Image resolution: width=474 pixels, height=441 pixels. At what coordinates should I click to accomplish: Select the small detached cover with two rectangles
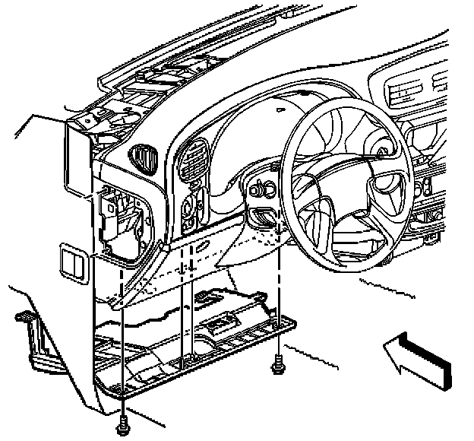(74, 263)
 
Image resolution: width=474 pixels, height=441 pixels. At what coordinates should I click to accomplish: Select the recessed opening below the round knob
(263, 215)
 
